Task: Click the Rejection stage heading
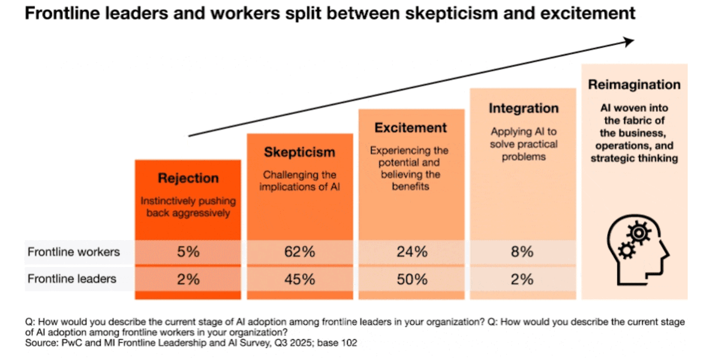(188, 178)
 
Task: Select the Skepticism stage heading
(299, 152)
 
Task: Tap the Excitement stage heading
(411, 128)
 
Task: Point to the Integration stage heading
(523, 109)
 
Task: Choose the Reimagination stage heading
(634, 85)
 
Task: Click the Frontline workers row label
(74, 252)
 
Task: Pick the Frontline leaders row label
(72, 279)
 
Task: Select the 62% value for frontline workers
(299, 252)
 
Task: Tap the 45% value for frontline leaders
(299, 279)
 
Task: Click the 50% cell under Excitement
(412, 279)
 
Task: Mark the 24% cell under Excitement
(412, 252)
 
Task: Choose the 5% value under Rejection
(188, 252)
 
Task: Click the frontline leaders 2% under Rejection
(188, 279)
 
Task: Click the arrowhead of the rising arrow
(629, 41)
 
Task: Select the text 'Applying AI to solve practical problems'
(523, 143)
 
